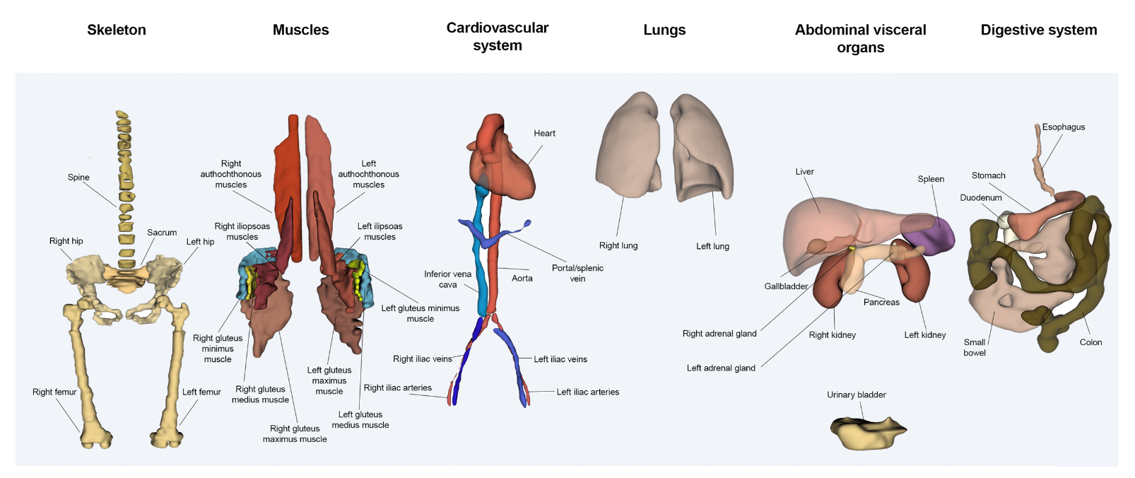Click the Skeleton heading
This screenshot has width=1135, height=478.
click(117, 30)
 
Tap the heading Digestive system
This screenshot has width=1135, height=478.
click(1038, 30)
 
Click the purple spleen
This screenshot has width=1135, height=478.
click(929, 233)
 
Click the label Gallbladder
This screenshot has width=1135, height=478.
click(785, 286)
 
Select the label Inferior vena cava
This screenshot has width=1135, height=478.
click(447, 279)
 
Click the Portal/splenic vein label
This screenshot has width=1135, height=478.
click(577, 273)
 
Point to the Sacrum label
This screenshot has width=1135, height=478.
click(162, 233)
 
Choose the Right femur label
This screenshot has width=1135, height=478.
click(54, 392)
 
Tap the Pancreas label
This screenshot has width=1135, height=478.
click(881, 302)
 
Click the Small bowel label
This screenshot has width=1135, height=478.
click(975, 347)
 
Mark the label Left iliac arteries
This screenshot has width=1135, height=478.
click(587, 392)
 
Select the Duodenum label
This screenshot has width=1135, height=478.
click(980, 198)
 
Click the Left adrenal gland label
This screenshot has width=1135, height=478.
click(721, 368)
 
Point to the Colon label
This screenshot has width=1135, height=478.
click(1090, 342)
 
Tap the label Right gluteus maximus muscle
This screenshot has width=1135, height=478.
click(295, 433)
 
